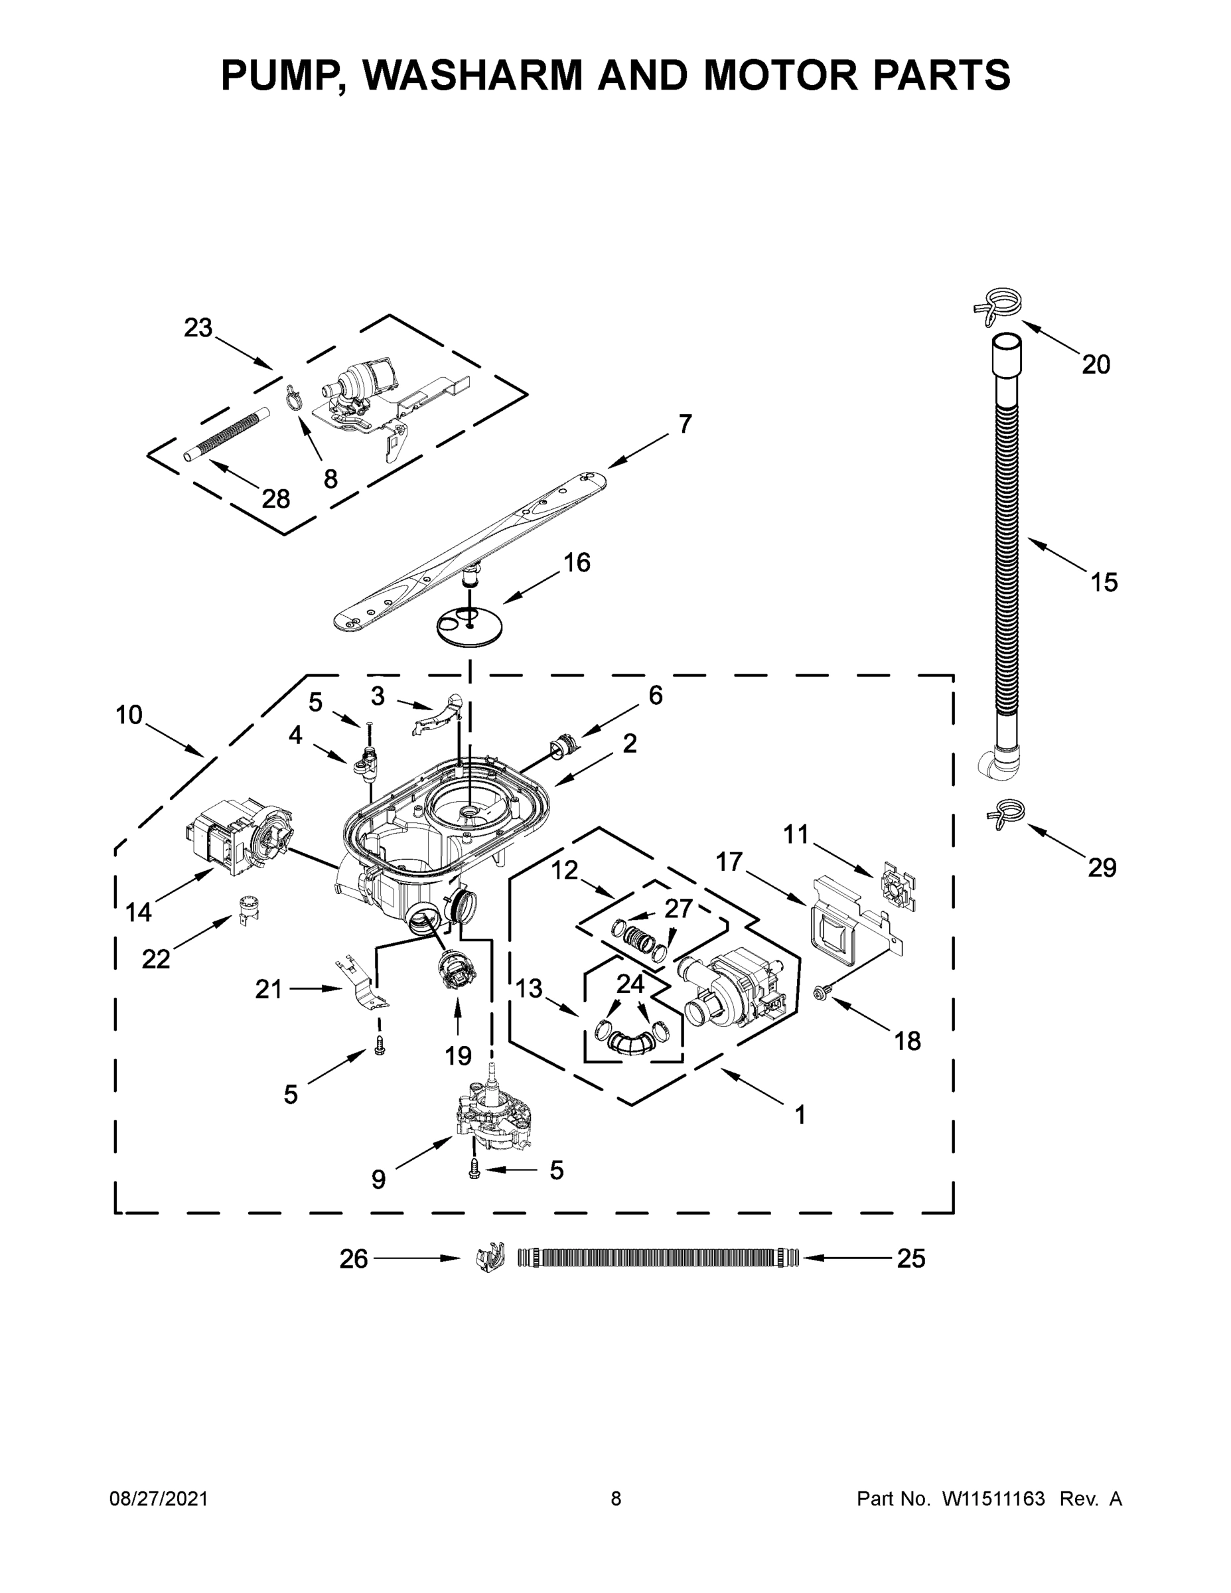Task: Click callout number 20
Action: [1096, 364]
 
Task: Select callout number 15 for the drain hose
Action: [1104, 582]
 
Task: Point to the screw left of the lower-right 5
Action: [474, 1171]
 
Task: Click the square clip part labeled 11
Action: [899, 888]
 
